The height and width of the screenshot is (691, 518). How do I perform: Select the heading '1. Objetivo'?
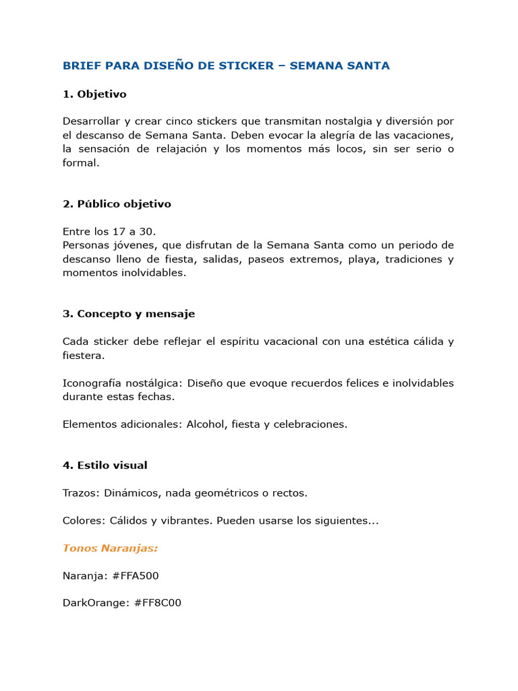point(94,94)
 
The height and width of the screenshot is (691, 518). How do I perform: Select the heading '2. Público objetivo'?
point(117,204)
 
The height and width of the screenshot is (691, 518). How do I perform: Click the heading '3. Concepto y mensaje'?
point(129,314)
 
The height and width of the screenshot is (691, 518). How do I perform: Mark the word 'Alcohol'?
point(206,424)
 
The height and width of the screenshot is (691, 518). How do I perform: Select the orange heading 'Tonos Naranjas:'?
point(110,548)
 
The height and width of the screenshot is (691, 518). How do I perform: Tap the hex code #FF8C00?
point(158,603)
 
